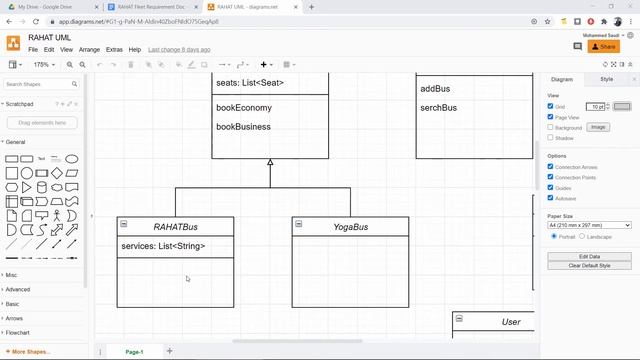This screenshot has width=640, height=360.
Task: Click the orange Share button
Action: pyautogui.click(x=603, y=47)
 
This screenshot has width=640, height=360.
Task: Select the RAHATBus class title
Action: pyautogui.click(x=175, y=227)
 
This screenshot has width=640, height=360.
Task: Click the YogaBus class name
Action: pyautogui.click(x=350, y=227)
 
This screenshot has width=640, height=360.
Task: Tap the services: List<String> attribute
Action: pyautogui.click(x=163, y=246)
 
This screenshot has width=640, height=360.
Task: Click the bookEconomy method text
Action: pyautogui.click(x=243, y=108)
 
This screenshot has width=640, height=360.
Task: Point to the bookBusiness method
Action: pyautogui.click(x=243, y=127)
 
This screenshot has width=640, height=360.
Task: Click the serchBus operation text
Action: pyautogui.click(x=439, y=108)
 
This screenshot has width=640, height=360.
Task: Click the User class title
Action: pyautogui.click(x=511, y=322)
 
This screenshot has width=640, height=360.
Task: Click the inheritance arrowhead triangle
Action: pyautogui.click(x=270, y=162)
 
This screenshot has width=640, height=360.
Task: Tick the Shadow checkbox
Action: pyautogui.click(x=550, y=138)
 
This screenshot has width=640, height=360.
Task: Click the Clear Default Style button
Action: pyautogui.click(x=589, y=265)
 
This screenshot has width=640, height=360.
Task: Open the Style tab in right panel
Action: pyautogui.click(x=607, y=79)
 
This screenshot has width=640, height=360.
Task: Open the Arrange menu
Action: pyautogui.click(x=89, y=49)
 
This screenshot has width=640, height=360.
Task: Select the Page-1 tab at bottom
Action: pyautogui.click(x=134, y=352)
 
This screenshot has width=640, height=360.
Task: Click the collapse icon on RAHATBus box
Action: pyautogui.click(x=123, y=223)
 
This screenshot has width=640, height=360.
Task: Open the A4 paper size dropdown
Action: pyautogui.click(x=589, y=225)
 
